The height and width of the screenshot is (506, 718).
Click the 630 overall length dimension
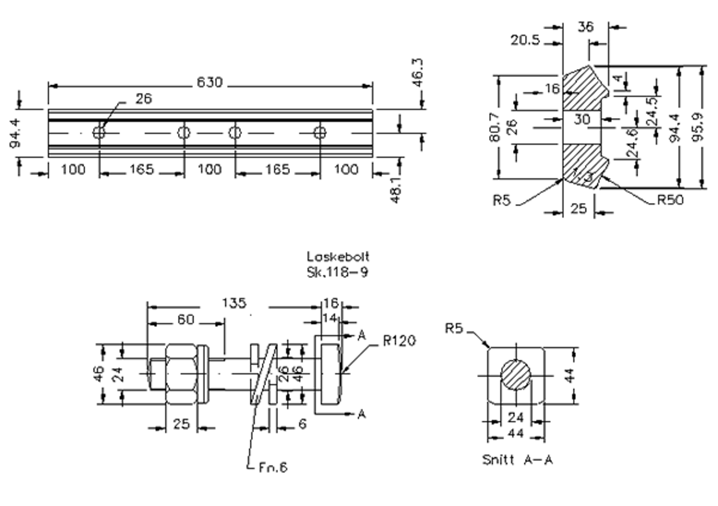pos(210,83)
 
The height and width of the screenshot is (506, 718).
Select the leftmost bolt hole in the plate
pos(99,132)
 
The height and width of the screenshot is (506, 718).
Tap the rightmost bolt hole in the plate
pos(320,132)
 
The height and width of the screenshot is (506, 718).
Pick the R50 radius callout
pos(670,200)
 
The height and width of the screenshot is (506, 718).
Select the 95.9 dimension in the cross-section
pos(698,127)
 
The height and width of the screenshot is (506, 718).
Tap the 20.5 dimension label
pos(525,40)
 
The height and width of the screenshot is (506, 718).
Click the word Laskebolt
pos(338,257)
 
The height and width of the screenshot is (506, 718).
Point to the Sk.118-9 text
pos(337,272)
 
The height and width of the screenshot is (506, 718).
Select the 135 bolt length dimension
pos(234,303)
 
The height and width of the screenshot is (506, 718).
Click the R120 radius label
pos(399,341)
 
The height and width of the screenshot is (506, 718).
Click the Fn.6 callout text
pos(273,467)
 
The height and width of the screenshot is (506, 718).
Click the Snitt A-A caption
pos(517,460)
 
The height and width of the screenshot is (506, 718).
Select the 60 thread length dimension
pos(185,319)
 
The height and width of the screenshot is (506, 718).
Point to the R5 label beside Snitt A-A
pos(454,328)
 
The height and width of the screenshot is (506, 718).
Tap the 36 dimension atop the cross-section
pos(585,27)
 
